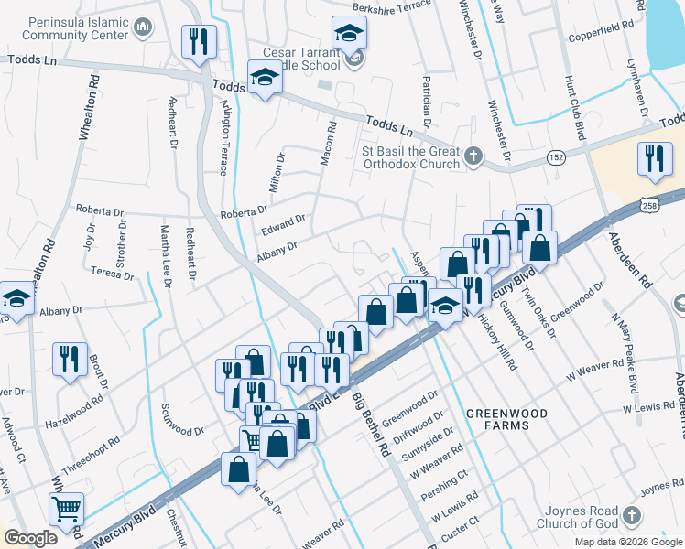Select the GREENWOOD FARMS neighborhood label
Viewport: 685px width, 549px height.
tap(506, 420)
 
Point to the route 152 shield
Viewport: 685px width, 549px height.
tap(556, 158)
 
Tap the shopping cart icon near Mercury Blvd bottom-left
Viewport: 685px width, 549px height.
tap(66, 509)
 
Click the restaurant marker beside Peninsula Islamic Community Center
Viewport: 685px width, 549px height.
tap(197, 40)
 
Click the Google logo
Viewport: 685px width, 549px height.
tap(30, 538)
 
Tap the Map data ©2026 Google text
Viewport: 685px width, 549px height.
tap(628, 542)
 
